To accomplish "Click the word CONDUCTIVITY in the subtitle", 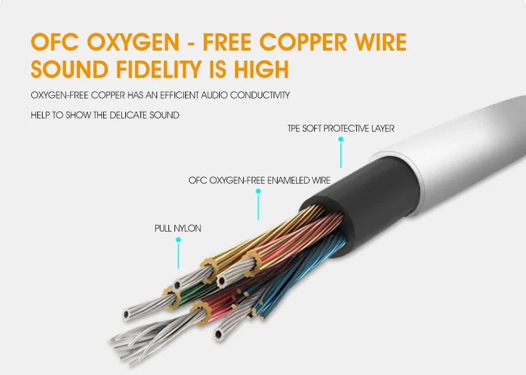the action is pyautogui.click(x=260, y=95).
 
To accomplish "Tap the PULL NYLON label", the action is pyautogui.click(x=178, y=228).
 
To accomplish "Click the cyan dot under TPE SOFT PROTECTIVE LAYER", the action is pyautogui.click(x=340, y=140).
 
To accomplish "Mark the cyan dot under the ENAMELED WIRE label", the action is pyautogui.click(x=258, y=191).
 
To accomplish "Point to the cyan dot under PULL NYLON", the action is pyautogui.click(x=178, y=240).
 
